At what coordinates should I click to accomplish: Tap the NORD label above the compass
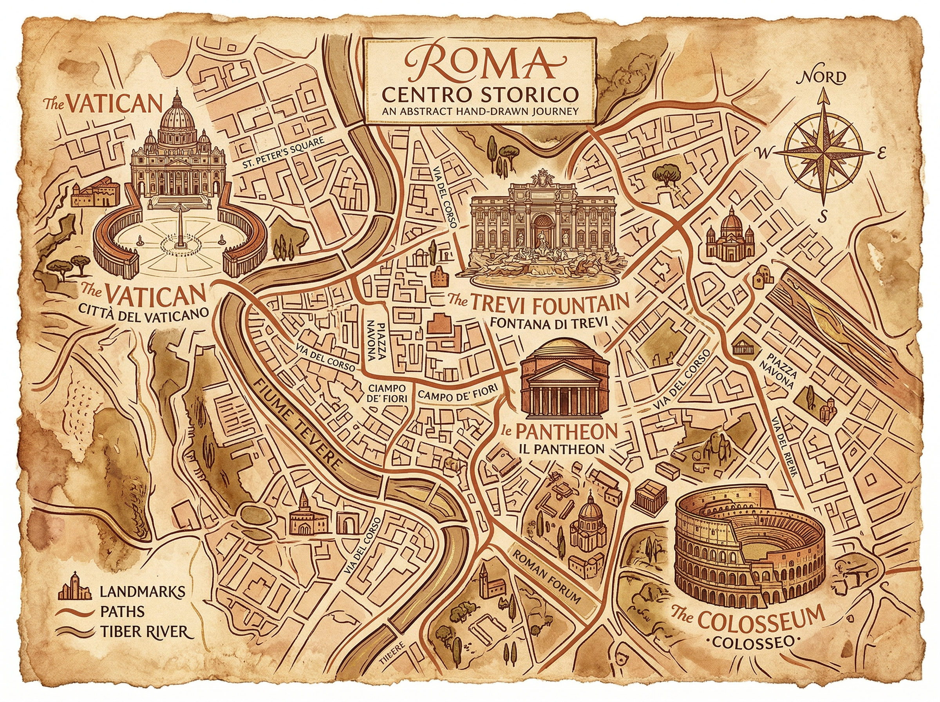[x=823, y=78]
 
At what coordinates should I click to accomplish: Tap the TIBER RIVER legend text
[x=144, y=632]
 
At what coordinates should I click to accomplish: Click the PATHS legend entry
[x=122, y=612]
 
